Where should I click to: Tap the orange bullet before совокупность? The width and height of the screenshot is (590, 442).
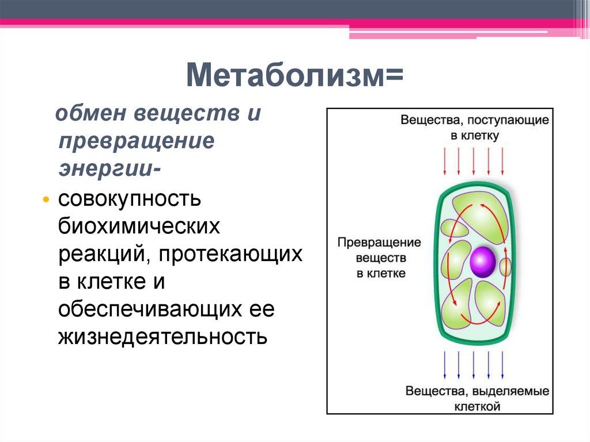46,199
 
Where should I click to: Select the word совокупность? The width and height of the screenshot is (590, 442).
129,199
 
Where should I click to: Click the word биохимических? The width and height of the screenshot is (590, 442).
139,226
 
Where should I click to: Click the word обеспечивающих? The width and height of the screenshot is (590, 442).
148,309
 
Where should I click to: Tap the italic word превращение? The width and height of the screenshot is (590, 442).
136,141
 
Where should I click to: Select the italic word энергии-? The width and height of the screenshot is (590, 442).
109,169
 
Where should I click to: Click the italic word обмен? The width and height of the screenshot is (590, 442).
90,114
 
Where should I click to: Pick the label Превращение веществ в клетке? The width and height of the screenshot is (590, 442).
379,258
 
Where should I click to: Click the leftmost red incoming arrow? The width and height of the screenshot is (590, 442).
444,161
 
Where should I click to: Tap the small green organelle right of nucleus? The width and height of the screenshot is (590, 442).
505,267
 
